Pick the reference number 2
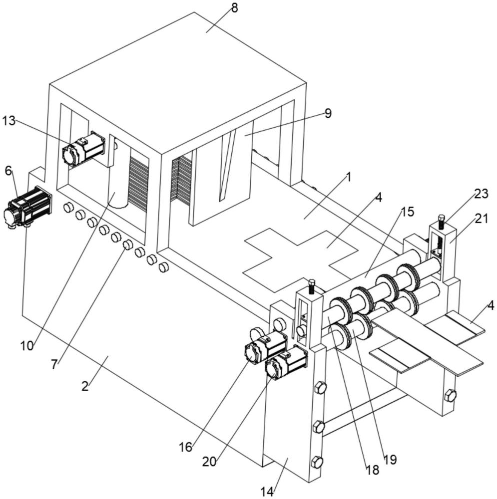tap(85, 386)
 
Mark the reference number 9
tap(328, 113)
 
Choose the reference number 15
tap(407, 212)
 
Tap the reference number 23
tap(481, 194)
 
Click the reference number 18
tap(372, 469)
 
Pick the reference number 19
tap(390, 459)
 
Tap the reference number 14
tap(267, 491)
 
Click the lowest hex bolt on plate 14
tap(317, 462)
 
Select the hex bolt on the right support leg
tap(450, 395)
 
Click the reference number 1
tap(349, 177)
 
